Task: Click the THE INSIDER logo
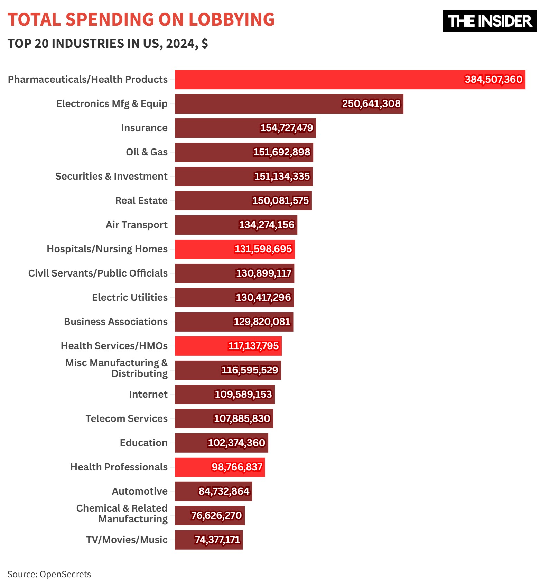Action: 489,21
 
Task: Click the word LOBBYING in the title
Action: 231,19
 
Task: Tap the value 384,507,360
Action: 493,80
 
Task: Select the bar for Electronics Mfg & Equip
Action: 256,104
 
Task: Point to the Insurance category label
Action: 144,128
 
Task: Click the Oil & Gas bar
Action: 214,152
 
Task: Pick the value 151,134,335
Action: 282,177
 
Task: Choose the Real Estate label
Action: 141,201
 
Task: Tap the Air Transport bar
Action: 207,225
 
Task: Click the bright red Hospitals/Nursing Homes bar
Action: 204,249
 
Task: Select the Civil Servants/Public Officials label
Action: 98,273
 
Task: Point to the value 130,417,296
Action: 263,298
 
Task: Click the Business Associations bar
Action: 204,322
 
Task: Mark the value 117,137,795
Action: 253,346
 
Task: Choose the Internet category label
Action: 148,395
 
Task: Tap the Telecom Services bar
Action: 194,419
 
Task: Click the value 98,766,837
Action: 237,467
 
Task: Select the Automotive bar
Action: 187,491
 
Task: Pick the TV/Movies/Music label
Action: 127,540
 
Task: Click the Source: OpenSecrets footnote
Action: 49,575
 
